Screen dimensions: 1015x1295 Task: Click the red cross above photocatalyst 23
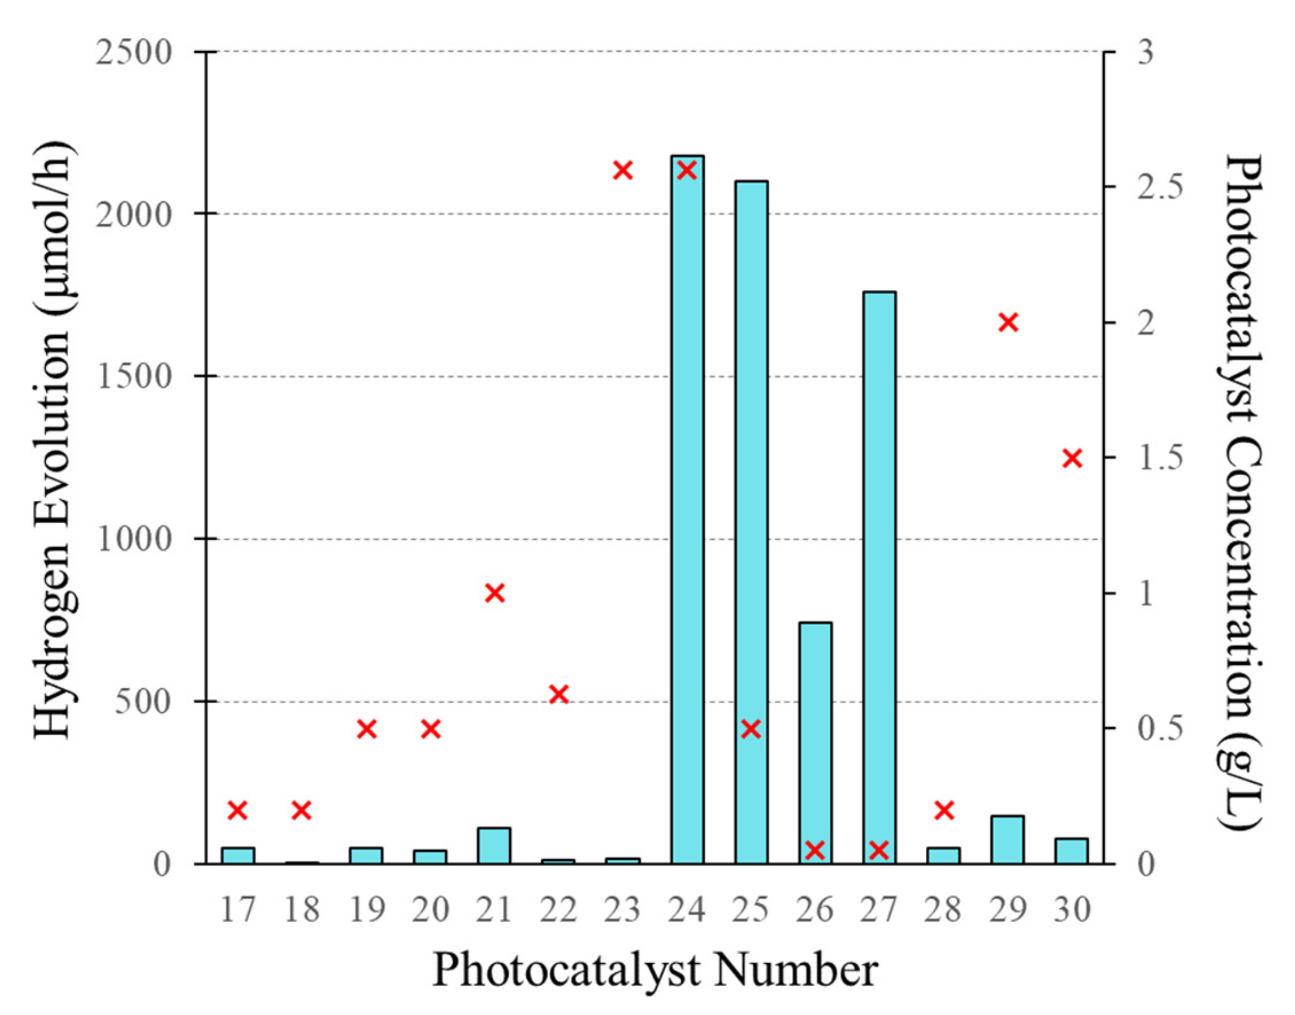623,171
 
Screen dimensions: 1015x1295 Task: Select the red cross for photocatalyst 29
1008,322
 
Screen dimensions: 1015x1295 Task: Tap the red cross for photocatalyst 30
1072,458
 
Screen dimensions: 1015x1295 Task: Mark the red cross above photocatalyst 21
495,593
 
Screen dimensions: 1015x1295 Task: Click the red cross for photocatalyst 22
559,694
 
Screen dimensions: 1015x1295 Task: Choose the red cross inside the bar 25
751,729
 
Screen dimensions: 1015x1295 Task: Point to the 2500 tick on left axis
133,52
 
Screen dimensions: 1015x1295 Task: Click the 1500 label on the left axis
133,377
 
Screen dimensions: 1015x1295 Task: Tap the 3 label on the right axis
1145,52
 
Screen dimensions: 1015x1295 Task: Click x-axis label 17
238,910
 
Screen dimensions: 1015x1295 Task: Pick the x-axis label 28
943,910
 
